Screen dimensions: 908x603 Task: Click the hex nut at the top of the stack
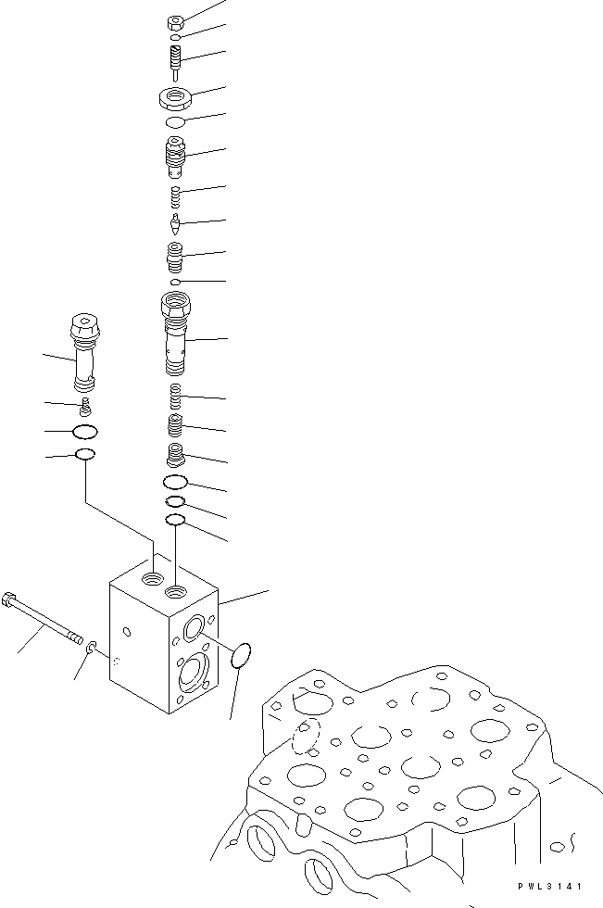(x=174, y=22)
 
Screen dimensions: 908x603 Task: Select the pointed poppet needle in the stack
(x=174, y=223)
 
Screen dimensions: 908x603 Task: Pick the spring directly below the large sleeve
(x=175, y=397)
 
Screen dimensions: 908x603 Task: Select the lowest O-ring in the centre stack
(x=175, y=521)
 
